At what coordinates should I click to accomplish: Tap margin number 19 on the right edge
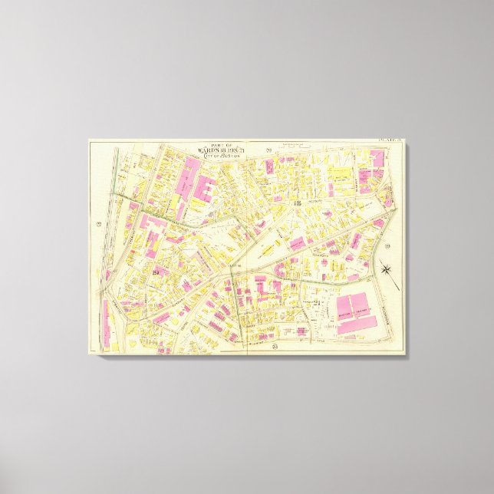click(388, 245)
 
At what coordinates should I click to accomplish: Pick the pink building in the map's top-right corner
click(377, 159)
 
